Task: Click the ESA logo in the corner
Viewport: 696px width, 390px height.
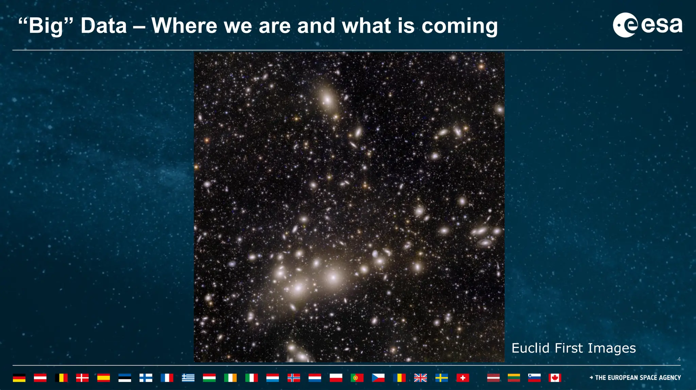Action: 647,25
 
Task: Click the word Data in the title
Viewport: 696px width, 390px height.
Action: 104,26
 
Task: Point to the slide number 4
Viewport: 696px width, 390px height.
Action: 679,359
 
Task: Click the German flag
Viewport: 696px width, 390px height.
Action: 19,378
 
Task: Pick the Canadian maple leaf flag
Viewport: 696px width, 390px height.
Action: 555,378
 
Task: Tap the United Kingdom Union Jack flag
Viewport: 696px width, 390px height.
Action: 420,378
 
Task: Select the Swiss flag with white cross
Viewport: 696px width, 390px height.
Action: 463,378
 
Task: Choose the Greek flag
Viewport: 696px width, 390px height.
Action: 188,378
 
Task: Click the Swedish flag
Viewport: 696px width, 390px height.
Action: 441,378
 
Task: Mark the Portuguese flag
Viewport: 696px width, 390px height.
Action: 357,378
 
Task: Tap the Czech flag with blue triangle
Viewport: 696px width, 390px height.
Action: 378,378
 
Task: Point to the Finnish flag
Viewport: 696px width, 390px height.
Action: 146,378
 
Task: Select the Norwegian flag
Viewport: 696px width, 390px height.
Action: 294,378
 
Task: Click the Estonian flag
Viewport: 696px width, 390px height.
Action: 125,378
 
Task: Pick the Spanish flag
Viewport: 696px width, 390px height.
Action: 104,378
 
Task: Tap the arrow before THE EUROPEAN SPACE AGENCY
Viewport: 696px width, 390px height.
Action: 591,377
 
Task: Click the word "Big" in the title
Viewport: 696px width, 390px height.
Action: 46,26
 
